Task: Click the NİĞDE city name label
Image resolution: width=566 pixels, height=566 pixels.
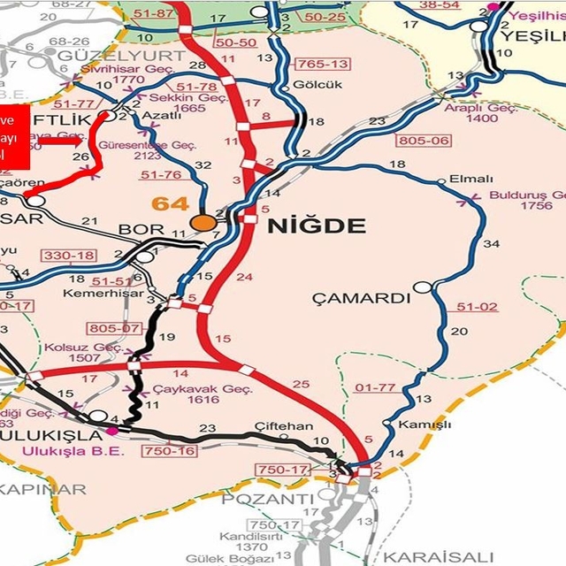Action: click(x=315, y=226)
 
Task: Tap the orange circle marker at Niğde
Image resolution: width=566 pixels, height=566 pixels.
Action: click(x=205, y=222)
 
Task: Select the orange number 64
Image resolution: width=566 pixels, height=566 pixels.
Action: click(x=170, y=204)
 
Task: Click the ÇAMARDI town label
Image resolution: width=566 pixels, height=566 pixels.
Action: click(x=362, y=298)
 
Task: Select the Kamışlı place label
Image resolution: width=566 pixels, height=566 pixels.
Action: click(x=419, y=424)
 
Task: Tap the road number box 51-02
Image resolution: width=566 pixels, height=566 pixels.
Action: click(x=478, y=307)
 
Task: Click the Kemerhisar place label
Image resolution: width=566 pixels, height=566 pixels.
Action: click(x=94, y=289)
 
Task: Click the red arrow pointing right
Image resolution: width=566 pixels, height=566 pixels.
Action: click(x=62, y=141)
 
